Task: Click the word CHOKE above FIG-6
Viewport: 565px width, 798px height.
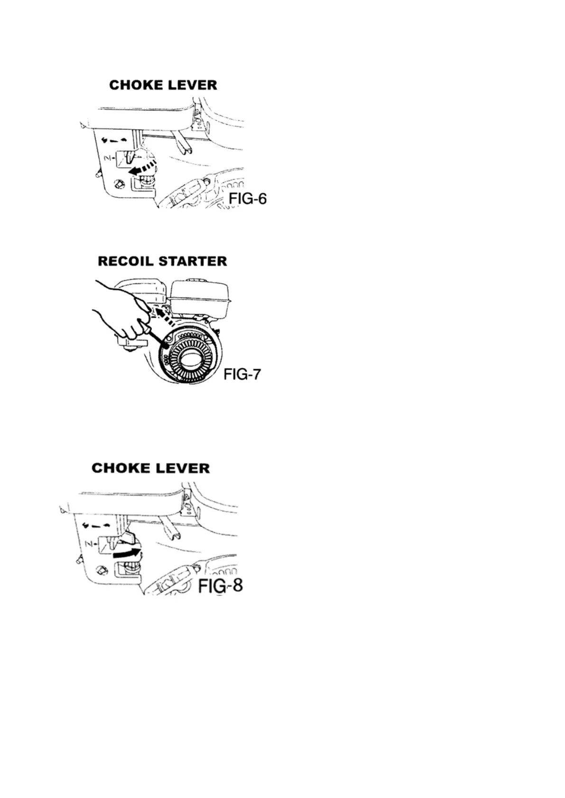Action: click(x=136, y=85)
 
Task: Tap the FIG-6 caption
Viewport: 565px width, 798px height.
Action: click(x=248, y=199)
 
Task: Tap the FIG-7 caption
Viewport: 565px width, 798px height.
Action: click(x=242, y=374)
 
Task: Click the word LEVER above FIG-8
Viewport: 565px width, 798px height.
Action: click(x=183, y=468)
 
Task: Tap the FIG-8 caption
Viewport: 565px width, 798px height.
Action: click(x=220, y=586)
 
